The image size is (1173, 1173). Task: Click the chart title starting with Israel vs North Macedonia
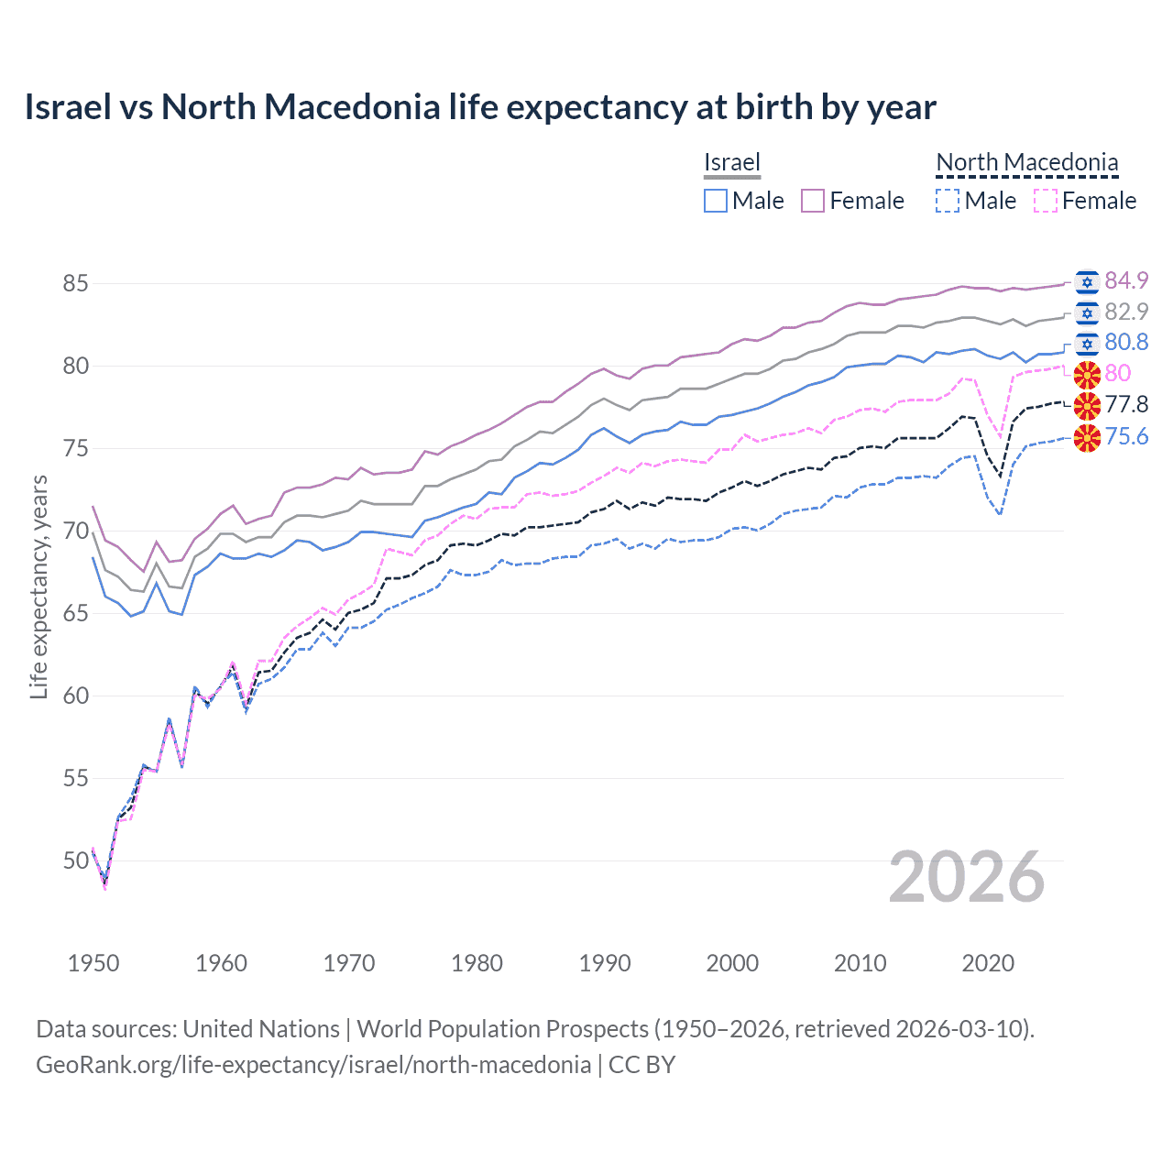coord(480,107)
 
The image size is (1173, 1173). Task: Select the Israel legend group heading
coord(731,162)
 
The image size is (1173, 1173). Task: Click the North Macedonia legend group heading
coord(1026,162)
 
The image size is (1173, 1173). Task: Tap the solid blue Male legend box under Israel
coord(716,201)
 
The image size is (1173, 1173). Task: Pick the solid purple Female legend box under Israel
coord(813,201)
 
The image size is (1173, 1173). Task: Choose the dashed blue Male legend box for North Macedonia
coord(948,201)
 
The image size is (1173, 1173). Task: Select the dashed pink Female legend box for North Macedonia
coord(1046,201)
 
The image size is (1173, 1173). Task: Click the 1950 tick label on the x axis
coord(93,963)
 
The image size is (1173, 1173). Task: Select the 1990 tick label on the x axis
coord(605,963)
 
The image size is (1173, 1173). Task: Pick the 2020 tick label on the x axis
coord(988,963)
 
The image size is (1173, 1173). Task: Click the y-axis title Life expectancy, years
coord(38,586)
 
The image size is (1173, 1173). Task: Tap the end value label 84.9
coord(1126,280)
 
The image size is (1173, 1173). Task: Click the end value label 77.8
coord(1126,404)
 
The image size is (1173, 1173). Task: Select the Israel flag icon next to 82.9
coord(1087,312)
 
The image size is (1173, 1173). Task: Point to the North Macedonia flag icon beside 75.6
coord(1087,438)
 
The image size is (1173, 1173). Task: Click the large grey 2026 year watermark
coord(967,878)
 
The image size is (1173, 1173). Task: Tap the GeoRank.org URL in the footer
coord(313,1065)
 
